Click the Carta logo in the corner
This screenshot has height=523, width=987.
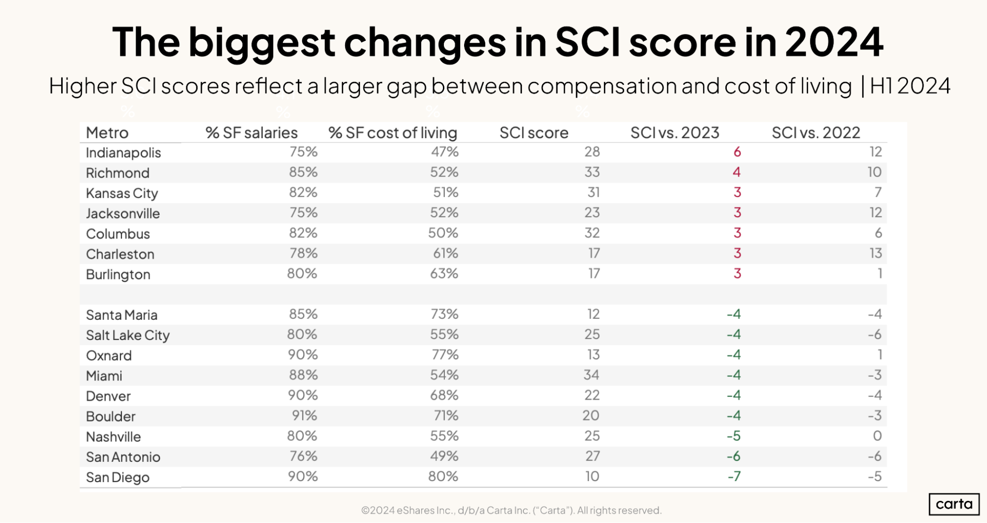pyautogui.click(x=954, y=504)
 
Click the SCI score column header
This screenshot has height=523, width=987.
pyautogui.click(x=534, y=133)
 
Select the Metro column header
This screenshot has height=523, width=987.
pyautogui.click(x=107, y=133)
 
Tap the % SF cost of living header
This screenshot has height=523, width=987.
pyautogui.click(x=393, y=133)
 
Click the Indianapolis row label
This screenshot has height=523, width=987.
pyautogui.click(x=123, y=152)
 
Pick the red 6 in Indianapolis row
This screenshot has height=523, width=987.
pyautogui.click(x=737, y=152)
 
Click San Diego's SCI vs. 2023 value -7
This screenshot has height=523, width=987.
pyautogui.click(x=734, y=477)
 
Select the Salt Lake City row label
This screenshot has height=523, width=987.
pyautogui.click(x=128, y=336)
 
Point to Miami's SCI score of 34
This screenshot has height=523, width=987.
pyautogui.click(x=592, y=375)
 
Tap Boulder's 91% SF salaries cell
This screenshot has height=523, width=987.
pyautogui.click(x=304, y=415)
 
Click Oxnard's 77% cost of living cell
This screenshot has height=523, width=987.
pyautogui.click(x=445, y=355)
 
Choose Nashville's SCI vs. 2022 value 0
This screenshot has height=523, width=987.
pyautogui.click(x=877, y=436)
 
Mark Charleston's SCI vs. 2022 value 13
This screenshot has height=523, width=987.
pyautogui.click(x=875, y=254)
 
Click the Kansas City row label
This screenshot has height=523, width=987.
pyautogui.click(x=122, y=193)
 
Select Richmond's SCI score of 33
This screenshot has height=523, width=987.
pyautogui.click(x=592, y=172)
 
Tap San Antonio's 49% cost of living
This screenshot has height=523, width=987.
pyautogui.click(x=444, y=456)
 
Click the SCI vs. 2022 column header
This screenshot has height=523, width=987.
pyautogui.click(x=816, y=133)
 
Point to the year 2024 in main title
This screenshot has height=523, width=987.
pyautogui.click(x=834, y=42)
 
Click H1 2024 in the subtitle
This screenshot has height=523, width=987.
pyautogui.click(x=909, y=86)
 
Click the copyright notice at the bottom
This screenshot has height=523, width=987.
pyautogui.click(x=511, y=510)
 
